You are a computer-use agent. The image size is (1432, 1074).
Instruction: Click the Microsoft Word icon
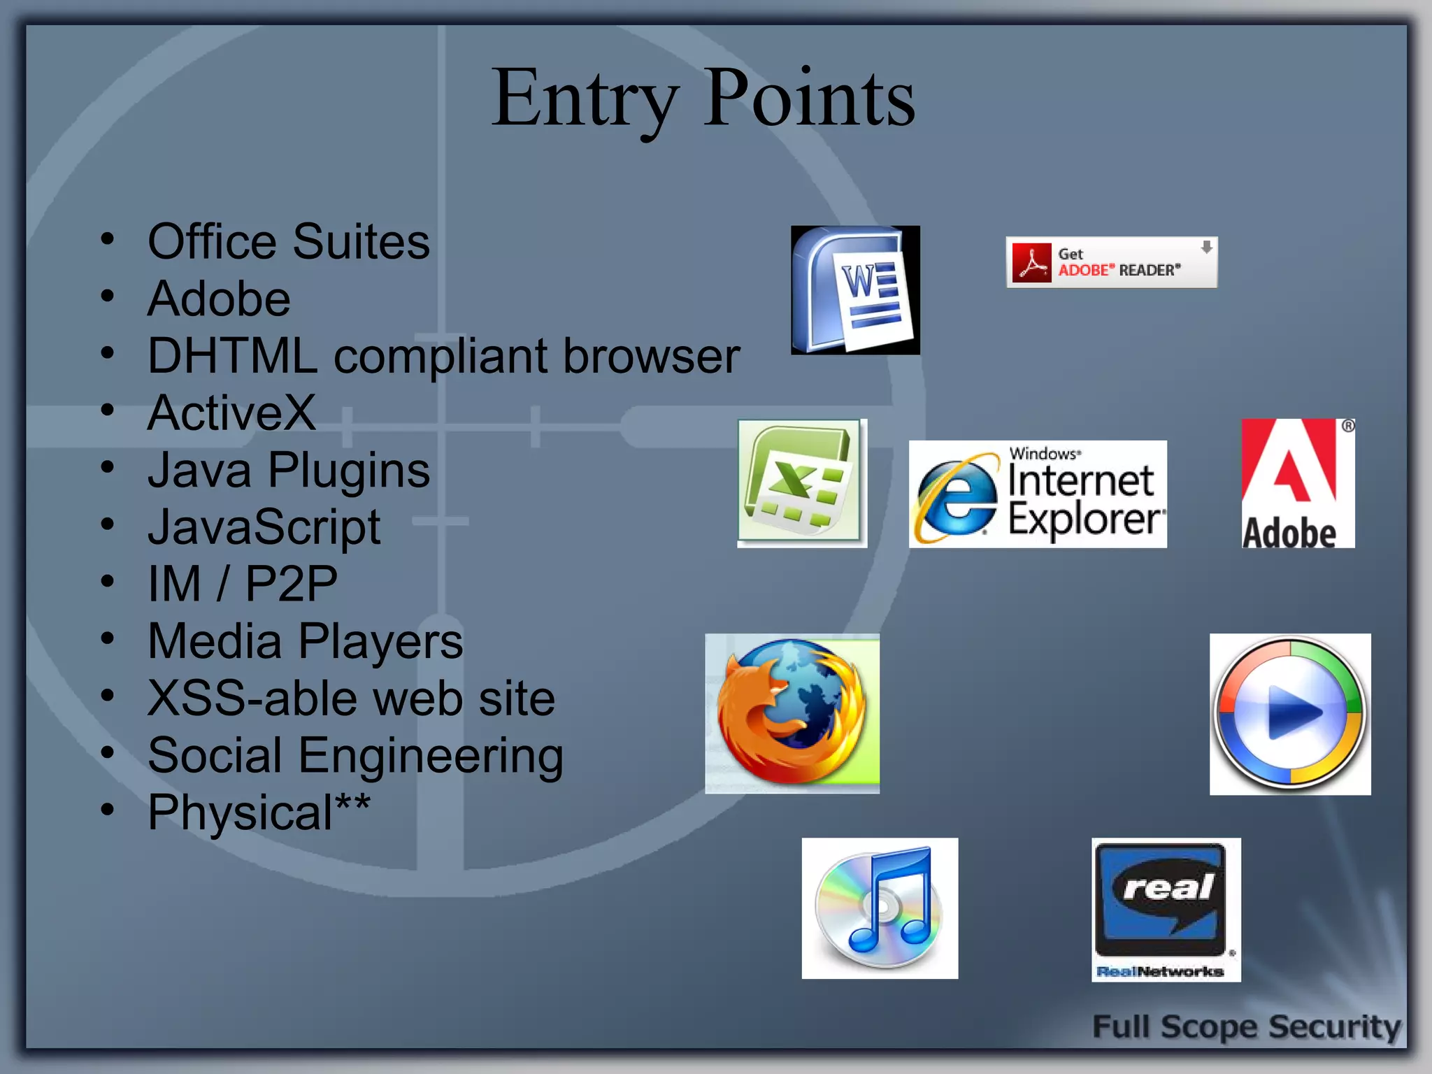pos(855,290)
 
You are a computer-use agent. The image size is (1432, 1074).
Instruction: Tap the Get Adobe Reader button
pos(1111,262)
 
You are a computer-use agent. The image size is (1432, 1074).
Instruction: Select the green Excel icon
pos(802,483)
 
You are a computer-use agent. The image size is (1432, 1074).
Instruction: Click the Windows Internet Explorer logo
pos(1038,494)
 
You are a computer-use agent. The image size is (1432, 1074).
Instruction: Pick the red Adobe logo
pos(1298,483)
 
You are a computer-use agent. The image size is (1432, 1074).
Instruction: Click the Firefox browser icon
pos(792,713)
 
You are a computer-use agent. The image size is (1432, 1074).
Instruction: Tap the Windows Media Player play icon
pos(1290,714)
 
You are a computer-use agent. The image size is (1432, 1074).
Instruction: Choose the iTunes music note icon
pos(880,908)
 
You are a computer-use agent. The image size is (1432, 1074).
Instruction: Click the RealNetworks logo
pos(1166,910)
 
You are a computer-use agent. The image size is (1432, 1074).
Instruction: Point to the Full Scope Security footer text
pos(1246,1026)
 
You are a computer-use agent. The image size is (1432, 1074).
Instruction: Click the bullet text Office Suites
pos(289,242)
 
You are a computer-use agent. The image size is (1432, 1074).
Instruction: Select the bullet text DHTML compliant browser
pos(443,356)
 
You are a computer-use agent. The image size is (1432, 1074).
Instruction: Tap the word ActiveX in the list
pos(231,413)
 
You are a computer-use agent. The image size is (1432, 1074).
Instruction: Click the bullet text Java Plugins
pos(289,470)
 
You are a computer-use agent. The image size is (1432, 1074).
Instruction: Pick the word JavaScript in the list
pos(264,527)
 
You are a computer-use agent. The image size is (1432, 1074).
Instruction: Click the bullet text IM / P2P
pos(243,584)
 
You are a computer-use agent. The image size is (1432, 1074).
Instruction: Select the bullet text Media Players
pos(306,641)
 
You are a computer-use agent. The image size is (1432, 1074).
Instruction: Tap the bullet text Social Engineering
pos(355,755)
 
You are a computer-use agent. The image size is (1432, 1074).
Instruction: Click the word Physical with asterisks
pos(259,812)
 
